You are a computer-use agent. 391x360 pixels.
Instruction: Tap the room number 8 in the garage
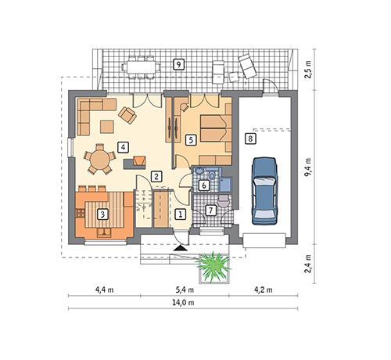pos(249,139)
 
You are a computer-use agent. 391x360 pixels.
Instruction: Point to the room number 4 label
pos(124,146)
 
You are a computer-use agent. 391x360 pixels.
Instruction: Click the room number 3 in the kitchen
pos(101,213)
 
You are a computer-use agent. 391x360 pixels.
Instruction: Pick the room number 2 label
pos(157,177)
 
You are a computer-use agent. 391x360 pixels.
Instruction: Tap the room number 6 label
pos(203,185)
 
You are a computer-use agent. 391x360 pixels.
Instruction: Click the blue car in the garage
pos(265,189)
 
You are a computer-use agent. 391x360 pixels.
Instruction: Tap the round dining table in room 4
pos(99,160)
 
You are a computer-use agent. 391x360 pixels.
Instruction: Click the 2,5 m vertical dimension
pos(310,74)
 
